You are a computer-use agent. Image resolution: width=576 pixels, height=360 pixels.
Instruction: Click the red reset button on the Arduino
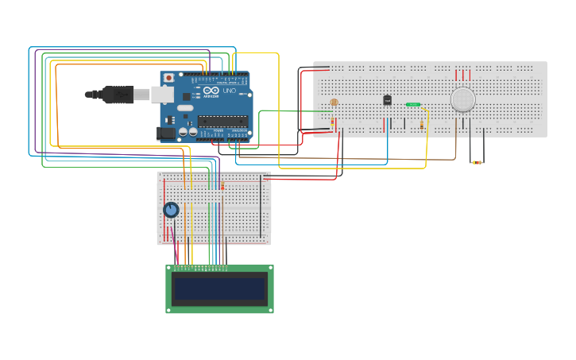coord(168,78)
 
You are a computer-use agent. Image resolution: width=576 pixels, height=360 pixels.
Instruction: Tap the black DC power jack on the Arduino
coord(167,133)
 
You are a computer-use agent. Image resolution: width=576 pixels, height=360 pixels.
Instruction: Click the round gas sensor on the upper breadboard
coord(462,99)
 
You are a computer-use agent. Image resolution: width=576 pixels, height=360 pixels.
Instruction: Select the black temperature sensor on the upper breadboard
coord(387,100)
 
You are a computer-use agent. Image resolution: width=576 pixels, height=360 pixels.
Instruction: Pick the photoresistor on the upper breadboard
coord(334,103)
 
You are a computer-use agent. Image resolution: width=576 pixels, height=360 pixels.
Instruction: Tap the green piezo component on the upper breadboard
coord(413,104)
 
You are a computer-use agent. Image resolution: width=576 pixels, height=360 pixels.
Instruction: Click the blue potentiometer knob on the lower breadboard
coord(171,210)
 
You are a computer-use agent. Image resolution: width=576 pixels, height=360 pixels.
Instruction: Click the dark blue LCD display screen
coord(219,288)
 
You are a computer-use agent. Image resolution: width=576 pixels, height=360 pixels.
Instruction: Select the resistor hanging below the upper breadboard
coord(477,163)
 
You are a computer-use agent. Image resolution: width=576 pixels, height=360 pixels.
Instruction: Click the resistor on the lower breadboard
coord(222,186)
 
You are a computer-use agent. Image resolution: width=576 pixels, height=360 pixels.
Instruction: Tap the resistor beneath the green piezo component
coord(421,124)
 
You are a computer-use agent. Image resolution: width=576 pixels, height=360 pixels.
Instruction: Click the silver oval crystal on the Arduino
coord(184,107)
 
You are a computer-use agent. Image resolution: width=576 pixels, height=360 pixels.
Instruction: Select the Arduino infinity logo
coord(211,91)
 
